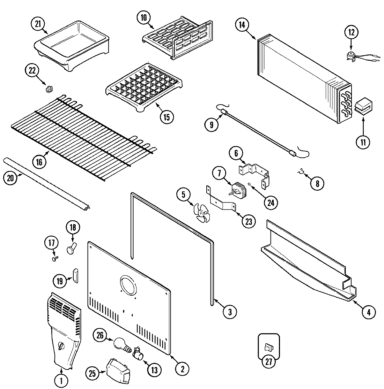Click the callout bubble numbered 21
point(38,24)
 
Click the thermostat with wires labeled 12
point(350,56)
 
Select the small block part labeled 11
point(363,106)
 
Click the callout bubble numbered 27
point(268,361)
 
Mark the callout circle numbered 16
point(39,161)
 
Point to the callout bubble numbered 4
point(369,312)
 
